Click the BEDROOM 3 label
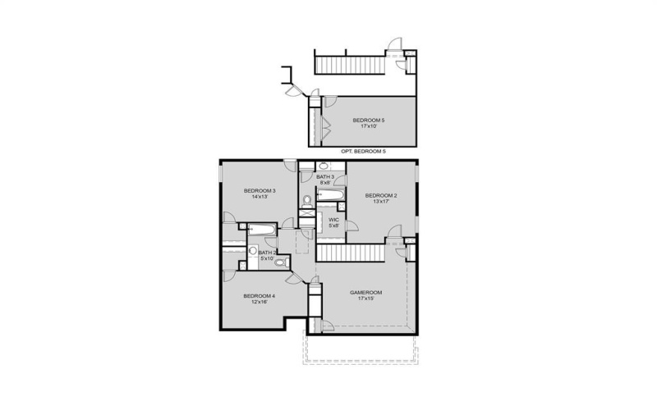point(259,190)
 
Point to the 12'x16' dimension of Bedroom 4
point(259,302)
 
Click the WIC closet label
point(333,219)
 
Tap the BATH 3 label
point(325,176)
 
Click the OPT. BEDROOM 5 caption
point(363,152)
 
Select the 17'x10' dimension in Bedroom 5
point(369,126)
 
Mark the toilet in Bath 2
point(279,262)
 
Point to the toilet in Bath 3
point(306,199)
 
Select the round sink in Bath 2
point(254,253)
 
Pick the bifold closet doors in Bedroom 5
point(326,128)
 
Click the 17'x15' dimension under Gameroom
point(366,298)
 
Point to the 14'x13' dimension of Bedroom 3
point(259,197)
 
